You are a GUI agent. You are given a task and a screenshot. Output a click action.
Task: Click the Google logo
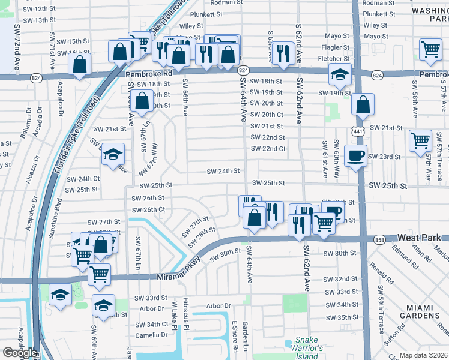[19, 353]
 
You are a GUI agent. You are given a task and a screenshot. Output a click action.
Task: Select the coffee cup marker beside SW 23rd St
[355, 156]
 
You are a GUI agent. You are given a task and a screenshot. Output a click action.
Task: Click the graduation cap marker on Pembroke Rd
[340, 76]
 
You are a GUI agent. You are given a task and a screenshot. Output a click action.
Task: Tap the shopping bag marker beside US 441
[363, 106]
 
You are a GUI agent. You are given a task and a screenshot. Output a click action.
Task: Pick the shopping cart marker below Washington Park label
[430, 50]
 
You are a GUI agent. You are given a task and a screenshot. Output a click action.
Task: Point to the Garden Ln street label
[246, 337]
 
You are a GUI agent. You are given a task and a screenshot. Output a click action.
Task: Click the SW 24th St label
[223, 172]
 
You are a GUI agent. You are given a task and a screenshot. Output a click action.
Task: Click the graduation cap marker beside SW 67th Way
[113, 155]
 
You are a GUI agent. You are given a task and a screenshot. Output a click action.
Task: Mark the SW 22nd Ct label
[268, 149]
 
